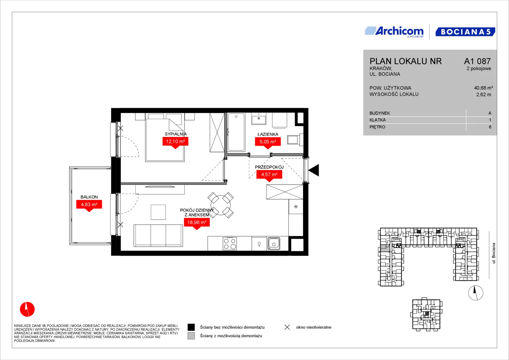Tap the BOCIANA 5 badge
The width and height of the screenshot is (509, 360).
[x=465, y=32]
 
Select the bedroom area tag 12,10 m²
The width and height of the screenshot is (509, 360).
[x=175, y=143]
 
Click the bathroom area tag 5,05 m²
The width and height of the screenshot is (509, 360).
[x=268, y=143]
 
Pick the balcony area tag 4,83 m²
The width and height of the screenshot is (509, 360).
[x=89, y=206]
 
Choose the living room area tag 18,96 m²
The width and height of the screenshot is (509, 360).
[x=197, y=224]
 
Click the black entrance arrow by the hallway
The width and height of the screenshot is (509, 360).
[x=314, y=170]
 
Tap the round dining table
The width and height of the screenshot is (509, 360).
[x=220, y=205]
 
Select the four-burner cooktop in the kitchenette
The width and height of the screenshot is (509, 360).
[x=230, y=244]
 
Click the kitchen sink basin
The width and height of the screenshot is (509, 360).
[x=274, y=244]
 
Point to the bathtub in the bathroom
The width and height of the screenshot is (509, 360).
[x=236, y=132]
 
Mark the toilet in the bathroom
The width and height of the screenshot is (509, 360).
[x=295, y=140]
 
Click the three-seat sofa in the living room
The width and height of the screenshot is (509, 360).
[x=158, y=235]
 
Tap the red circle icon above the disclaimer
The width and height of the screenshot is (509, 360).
[x=27, y=309]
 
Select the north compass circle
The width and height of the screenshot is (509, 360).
[x=476, y=293]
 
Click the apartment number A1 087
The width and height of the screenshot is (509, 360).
[x=477, y=61]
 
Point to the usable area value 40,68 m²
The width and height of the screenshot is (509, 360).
[x=483, y=88]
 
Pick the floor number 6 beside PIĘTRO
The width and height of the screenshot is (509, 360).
[x=490, y=127]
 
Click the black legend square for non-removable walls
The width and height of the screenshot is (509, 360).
[x=191, y=327]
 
